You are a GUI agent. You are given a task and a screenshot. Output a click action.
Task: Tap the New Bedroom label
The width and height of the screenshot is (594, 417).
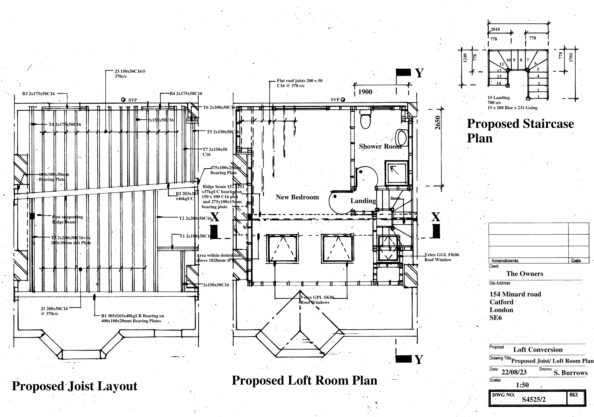297,197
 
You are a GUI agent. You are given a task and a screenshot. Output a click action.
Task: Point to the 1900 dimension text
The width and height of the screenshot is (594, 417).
365,92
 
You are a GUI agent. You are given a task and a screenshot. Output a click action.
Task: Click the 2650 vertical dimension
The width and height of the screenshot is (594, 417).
437,123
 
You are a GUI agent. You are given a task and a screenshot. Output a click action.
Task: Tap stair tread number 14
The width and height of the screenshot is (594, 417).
498,83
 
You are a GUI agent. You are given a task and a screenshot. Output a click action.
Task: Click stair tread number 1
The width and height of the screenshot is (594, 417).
538,97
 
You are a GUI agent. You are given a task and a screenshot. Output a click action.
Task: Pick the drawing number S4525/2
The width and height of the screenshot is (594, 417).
534,399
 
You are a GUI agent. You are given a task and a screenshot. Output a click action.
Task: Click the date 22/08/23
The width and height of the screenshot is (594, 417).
514,372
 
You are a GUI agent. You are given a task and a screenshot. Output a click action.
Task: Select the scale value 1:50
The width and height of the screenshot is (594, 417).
522,385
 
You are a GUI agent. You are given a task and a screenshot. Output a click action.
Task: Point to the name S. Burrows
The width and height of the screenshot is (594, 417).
571,373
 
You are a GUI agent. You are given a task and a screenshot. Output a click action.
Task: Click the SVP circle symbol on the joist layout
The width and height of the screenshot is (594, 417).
123,100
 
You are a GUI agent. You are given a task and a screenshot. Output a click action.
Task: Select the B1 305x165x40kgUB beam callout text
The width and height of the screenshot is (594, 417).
132,318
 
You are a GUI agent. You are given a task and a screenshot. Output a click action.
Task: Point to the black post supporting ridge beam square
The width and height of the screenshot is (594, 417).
32,216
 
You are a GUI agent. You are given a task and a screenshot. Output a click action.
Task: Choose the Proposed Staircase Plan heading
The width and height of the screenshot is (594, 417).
520,131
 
